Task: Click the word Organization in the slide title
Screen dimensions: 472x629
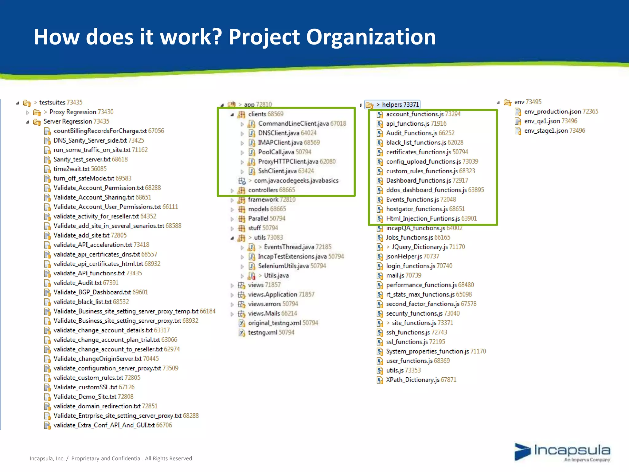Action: click(x=371, y=37)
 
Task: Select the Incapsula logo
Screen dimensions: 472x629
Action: click(x=562, y=452)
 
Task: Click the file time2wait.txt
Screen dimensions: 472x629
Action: click(x=71, y=169)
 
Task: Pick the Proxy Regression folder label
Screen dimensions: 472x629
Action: click(x=73, y=112)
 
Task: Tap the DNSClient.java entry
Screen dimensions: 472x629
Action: click(x=279, y=133)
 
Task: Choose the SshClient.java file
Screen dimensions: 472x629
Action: click(x=277, y=171)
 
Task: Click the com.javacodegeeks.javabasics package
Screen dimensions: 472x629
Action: click(x=296, y=181)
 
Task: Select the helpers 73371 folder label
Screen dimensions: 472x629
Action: click(x=400, y=104)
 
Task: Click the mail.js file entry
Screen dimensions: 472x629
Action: click(x=395, y=276)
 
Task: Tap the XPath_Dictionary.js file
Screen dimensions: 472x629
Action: click(x=412, y=380)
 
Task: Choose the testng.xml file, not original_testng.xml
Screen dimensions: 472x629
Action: click(x=262, y=332)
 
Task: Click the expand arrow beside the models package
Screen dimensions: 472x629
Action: click(x=232, y=210)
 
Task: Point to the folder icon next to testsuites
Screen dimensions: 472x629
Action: click(x=27, y=103)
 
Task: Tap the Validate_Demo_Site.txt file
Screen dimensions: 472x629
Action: click(x=85, y=397)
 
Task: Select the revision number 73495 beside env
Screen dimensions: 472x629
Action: click(x=533, y=102)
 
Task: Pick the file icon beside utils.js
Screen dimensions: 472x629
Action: click(x=380, y=371)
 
